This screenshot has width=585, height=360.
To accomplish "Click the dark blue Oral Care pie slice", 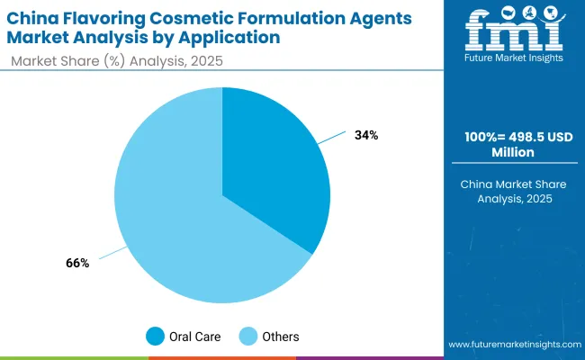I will click(274, 171).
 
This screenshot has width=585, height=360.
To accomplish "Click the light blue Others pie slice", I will click(171, 216).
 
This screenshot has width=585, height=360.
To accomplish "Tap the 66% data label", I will click(76, 263).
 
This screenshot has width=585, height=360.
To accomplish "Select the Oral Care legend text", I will click(193, 337).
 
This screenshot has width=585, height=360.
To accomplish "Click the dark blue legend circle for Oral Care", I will click(156, 337).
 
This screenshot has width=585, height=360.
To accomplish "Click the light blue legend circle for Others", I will click(247, 337).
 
